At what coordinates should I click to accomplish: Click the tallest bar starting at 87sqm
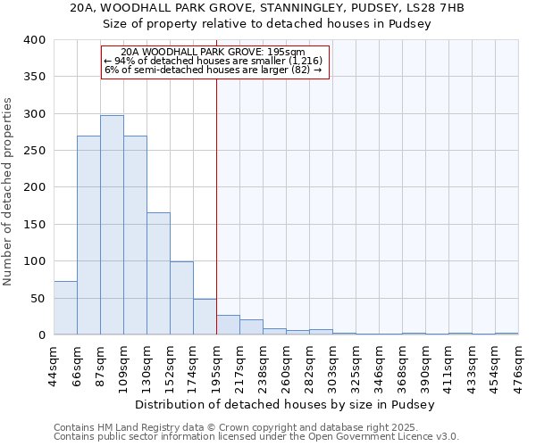coord(112,225)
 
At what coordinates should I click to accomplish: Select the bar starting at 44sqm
coord(65,308)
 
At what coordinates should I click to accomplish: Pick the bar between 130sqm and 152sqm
coord(158,273)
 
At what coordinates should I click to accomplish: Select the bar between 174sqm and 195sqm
coord(205,317)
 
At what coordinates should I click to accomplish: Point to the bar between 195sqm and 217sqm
coord(228,325)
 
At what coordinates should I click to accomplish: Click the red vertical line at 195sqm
coord(216,205)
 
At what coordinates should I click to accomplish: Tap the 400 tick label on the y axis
coord(34,40)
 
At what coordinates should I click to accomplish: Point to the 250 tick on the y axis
coord(34,151)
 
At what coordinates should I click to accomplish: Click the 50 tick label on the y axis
coord(38,298)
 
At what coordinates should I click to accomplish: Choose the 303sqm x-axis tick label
coord(332,364)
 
